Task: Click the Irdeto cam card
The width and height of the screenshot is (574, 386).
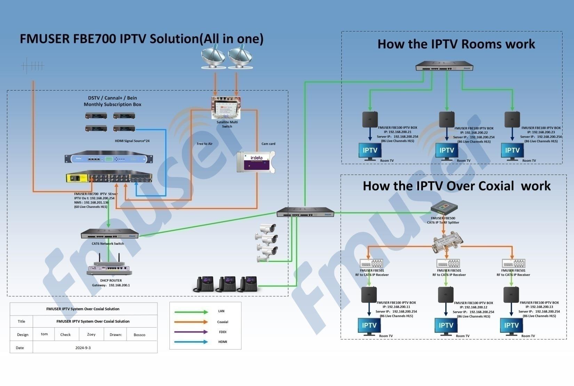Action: coord(256,162)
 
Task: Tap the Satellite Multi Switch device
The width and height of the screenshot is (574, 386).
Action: coord(226,108)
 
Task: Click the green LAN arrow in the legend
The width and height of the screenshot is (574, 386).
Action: coord(191,312)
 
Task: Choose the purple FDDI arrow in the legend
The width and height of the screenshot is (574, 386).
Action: coord(191,332)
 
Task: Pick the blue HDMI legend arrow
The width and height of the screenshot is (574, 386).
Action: coord(191,342)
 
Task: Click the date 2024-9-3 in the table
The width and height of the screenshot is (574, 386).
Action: coord(83,348)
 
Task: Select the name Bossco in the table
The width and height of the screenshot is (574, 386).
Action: coord(139,335)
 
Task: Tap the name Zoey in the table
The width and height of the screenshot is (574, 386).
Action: coord(91,334)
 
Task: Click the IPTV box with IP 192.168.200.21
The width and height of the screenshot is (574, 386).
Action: coord(370,119)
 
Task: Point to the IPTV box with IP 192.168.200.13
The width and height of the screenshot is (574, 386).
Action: coord(511,295)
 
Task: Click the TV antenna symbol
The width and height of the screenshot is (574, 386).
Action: coord(33,66)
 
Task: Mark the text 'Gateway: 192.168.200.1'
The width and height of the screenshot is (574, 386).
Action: coord(111,285)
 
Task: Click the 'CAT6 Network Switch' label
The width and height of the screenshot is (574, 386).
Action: coord(108,243)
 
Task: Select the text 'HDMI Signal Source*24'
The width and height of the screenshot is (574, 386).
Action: coord(132,141)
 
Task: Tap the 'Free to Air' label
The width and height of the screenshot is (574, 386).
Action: coord(205,144)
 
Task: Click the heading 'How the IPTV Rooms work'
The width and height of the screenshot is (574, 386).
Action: coord(456,44)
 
